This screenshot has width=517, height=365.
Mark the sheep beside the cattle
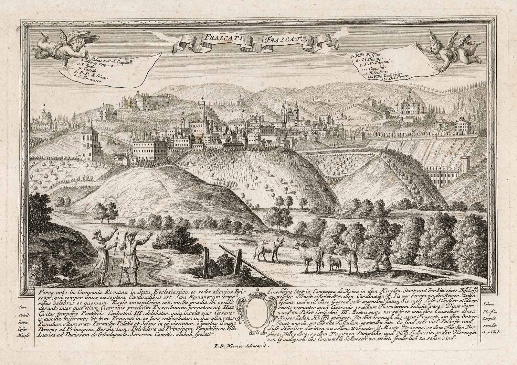(334, 263)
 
